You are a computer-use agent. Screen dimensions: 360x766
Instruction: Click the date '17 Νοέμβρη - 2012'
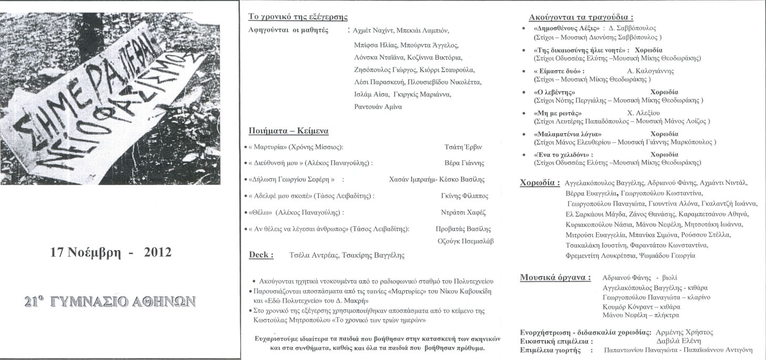pos(111,252)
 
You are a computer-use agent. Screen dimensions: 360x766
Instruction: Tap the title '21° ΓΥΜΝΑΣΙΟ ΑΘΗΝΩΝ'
pos(110,302)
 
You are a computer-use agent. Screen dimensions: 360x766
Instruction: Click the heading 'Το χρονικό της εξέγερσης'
pos(297,17)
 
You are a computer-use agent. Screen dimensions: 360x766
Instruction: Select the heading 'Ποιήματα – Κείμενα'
pos(288,131)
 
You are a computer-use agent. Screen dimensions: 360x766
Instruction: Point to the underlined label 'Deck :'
pos(261,255)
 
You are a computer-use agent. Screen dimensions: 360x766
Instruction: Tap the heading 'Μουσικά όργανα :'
pos(555,277)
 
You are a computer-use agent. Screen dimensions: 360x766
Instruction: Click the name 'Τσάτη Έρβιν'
pos(463,147)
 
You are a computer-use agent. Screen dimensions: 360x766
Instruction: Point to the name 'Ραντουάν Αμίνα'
pos(378,107)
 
